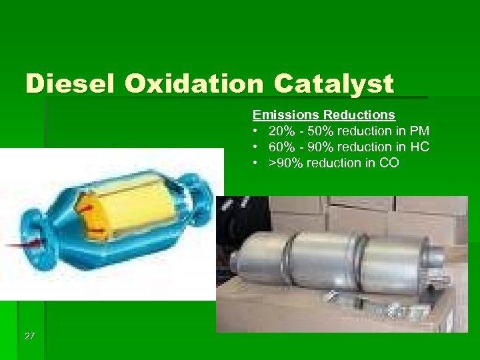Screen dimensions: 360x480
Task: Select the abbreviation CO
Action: [x=389, y=163]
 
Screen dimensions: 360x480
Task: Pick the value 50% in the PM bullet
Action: [x=323, y=131]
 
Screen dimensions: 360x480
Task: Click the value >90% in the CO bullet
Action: [x=285, y=163]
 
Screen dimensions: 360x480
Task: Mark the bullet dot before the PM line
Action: [x=256, y=131]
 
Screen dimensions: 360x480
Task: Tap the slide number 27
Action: [x=29, y=336]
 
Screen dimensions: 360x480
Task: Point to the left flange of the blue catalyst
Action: [x=31, y=230]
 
